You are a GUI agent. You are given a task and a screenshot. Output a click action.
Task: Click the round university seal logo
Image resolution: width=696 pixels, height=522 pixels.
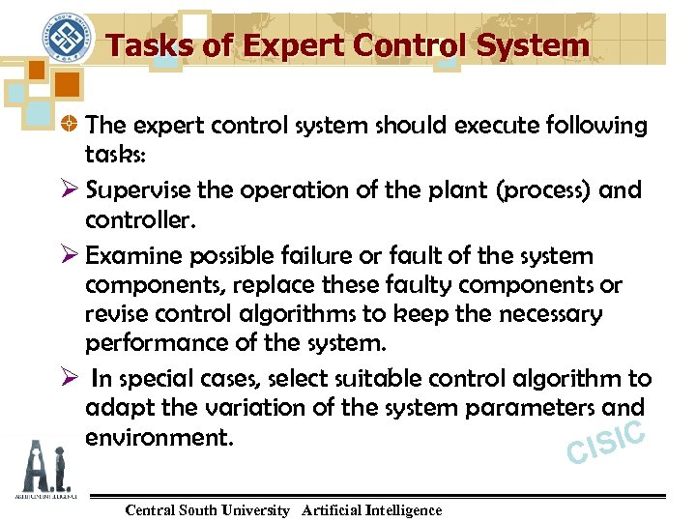[67, 40]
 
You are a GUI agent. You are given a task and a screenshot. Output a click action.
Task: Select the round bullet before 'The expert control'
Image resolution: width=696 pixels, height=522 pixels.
[68, 126]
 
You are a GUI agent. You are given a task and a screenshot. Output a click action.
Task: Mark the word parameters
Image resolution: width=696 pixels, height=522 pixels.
[504, 408]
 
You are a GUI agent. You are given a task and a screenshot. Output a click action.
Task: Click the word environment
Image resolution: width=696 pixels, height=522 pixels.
[159, 437]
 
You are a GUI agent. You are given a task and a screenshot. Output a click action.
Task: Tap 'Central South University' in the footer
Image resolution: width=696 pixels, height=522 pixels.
[207, 510]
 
